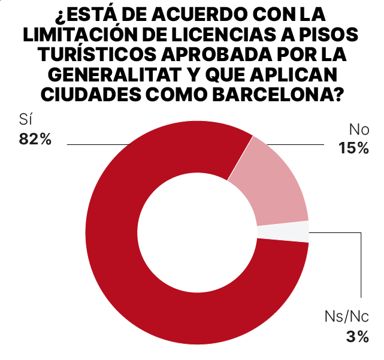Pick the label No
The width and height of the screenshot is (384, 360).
pos(358,129)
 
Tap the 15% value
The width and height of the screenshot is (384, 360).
pos(353,148)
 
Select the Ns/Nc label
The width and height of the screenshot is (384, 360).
pos(346,317)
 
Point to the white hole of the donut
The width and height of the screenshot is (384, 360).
pos(197,232)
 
